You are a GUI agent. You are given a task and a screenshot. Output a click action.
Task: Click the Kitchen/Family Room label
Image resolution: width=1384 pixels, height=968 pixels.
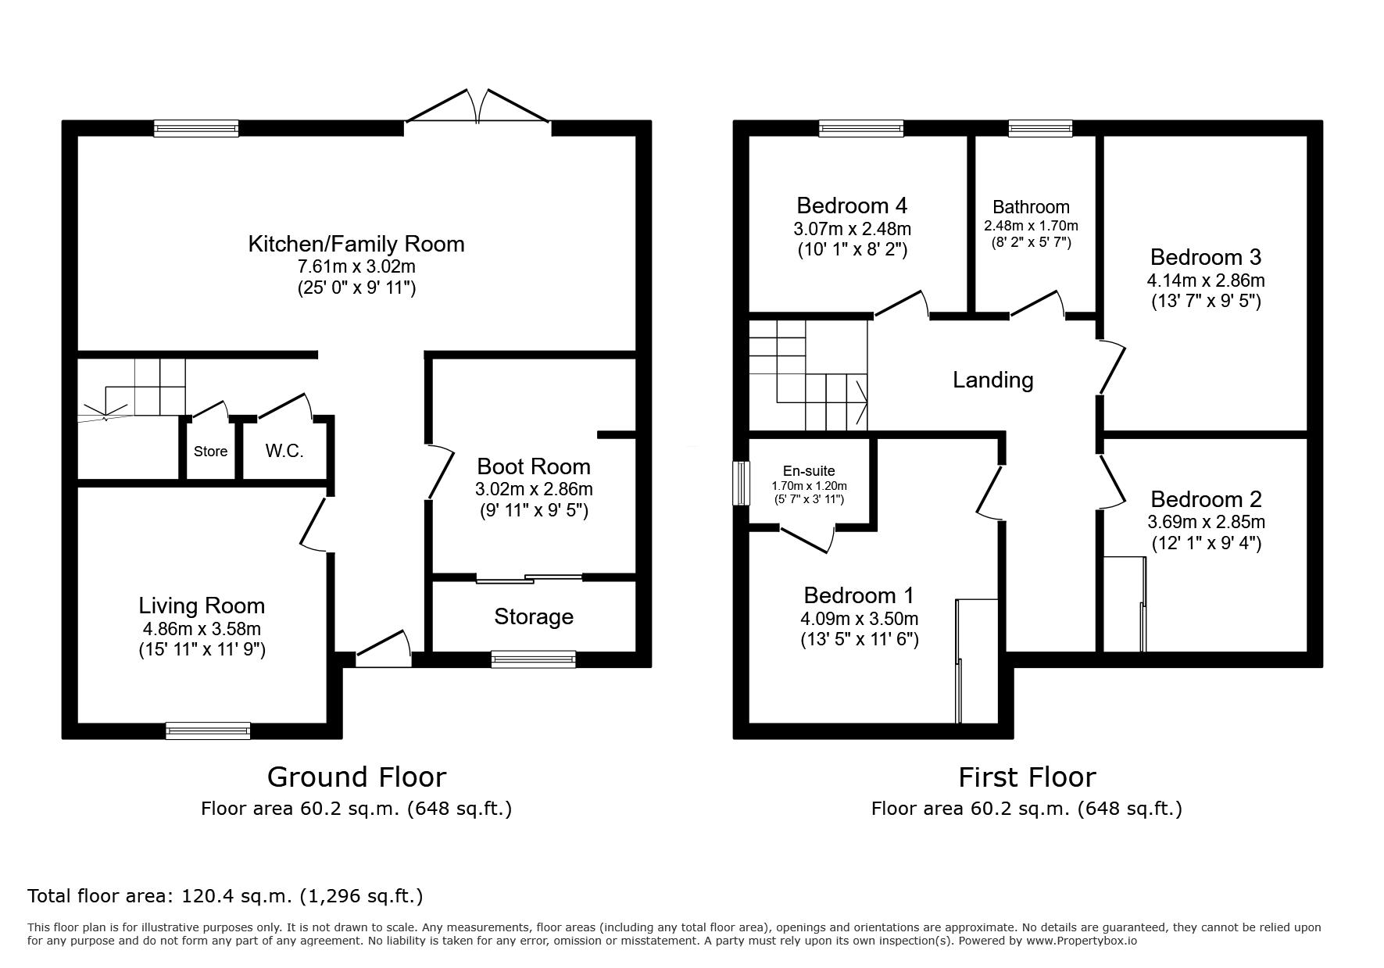(356, 244)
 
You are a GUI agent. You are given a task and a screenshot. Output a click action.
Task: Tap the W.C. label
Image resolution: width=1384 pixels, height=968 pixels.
(284, 451)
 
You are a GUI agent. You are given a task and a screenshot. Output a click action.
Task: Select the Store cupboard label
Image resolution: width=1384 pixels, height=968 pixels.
(210, 451)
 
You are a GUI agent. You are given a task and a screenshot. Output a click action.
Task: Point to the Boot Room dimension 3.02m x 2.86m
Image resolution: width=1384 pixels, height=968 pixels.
(534, 489)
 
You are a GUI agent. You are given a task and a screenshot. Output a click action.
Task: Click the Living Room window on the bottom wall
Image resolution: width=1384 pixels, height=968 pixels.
(208, 730)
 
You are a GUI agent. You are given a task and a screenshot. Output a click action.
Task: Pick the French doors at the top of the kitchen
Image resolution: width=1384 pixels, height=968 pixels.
(477, 107)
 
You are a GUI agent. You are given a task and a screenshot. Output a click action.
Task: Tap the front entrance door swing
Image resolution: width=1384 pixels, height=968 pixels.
(384, 648)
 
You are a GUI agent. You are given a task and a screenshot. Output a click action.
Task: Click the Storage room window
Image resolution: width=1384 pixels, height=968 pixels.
(534, 659)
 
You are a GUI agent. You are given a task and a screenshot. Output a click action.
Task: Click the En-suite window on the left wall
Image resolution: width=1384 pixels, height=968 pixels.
(740, 484)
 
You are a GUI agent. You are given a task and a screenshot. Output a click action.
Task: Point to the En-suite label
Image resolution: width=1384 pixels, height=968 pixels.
(809, 471)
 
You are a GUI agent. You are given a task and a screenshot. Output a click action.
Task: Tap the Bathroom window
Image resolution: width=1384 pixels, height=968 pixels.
(1040, 128)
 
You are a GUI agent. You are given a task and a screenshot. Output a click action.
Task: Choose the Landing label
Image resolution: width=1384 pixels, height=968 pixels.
(993, 380)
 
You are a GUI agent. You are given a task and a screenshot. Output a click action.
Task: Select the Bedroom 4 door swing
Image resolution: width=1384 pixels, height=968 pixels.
(901, 305)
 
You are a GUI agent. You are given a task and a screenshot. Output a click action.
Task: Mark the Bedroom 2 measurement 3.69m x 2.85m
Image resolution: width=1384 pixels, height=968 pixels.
(1207, 522)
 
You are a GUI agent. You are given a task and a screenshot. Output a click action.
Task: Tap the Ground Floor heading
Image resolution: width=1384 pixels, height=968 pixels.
(356, 777)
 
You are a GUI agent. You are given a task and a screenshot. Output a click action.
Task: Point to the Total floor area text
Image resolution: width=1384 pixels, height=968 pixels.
(225, 896)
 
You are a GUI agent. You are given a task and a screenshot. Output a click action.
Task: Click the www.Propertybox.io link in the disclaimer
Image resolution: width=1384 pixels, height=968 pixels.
(1082, 941)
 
